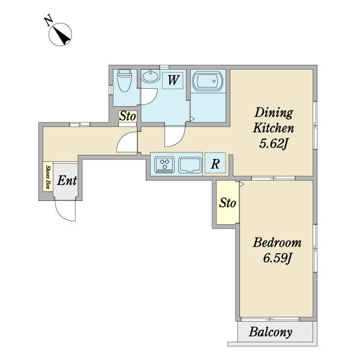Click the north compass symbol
[x=60, y=34]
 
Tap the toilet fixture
[x=124, y=80]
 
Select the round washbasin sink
[x=151, y=76]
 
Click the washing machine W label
[x=173, y=80]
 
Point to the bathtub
[x=208, y=81]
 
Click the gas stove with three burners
[x=164, y=164]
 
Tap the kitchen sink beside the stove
[x=190, y=165]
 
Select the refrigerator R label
[x=215, y=164]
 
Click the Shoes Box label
[x=48, y=177]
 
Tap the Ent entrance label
[x=67, y=181]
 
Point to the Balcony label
[x=271, y=332]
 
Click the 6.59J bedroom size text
[x=277, y=258]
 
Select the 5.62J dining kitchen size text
[x=274, y=144]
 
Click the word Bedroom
[x=277, y=243]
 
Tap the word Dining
[x=274, y=113]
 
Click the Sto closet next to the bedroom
[x=227, y=203]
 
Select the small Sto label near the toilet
[x=128, y=116]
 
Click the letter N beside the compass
[x=49, y=20]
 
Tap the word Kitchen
[x=274, y=128]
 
